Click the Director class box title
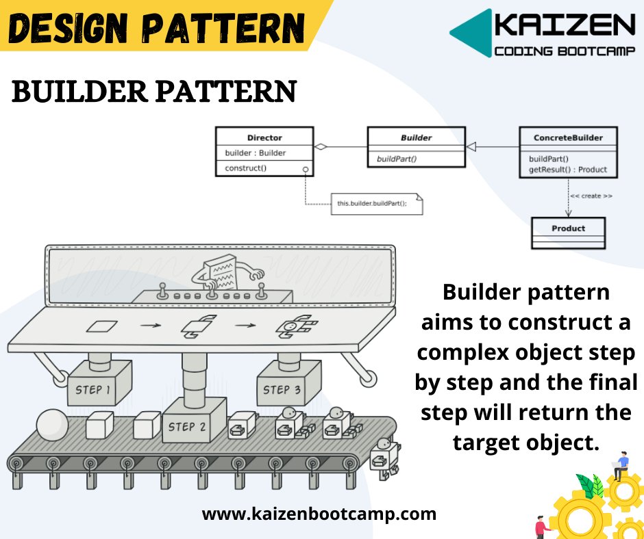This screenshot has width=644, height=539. pyautogui.click(x=264, y=137)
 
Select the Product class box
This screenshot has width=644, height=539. pyautogui.click(x=569, y=228)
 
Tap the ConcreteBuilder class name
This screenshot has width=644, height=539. pyautogui.click(x=568, y=137)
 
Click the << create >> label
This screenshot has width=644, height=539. pyautogui.click(x=591, y=196)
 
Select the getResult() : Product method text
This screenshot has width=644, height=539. pyautogui.click(x=568, y=170)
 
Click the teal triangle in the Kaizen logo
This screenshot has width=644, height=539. pyautogui.click(x=472, y=32)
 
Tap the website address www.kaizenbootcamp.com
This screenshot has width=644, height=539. pyautogui.click(x=319, y=514)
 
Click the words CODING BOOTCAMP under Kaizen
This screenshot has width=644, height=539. pyautogui.click(x=565, y=51)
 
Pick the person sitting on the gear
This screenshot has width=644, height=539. pyautogui.click(x=621, y=465)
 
